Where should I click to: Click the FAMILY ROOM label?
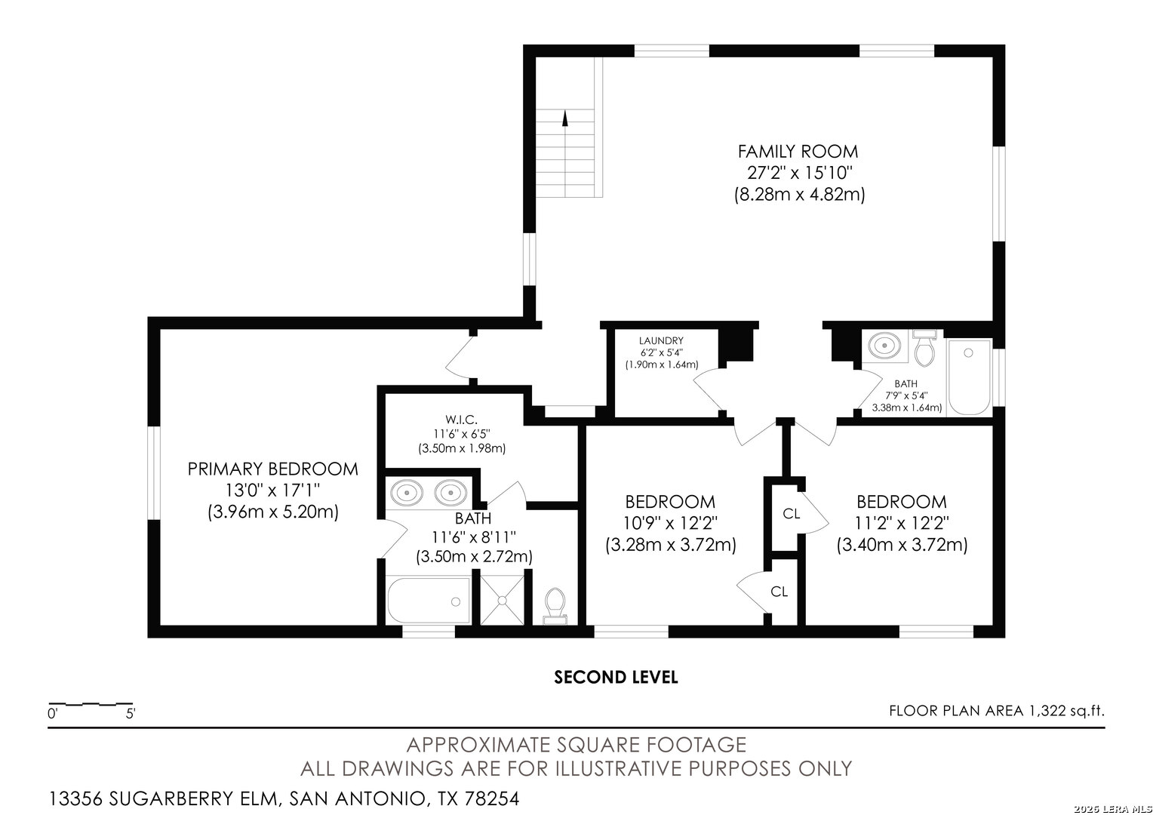click(798, 151)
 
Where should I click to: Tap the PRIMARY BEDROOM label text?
click(272, 469)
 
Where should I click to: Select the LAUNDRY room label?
click(661, 341)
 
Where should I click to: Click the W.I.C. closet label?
click(460, 420)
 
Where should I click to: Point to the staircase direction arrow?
click(565, 118)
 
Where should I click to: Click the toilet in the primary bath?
click(555, 604)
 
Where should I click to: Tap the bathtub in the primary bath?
click(428, 601)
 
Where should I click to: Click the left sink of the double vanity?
click(406, 493)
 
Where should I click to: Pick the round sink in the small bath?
click(884, 346)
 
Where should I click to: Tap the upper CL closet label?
click(791, 515)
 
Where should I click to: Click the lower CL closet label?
click(779, 592)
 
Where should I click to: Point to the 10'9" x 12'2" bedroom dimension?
click(670, 522)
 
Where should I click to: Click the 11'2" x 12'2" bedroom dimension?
click(902, 522)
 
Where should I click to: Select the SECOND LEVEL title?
click(616, 678)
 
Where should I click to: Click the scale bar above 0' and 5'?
click(91, 703)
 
